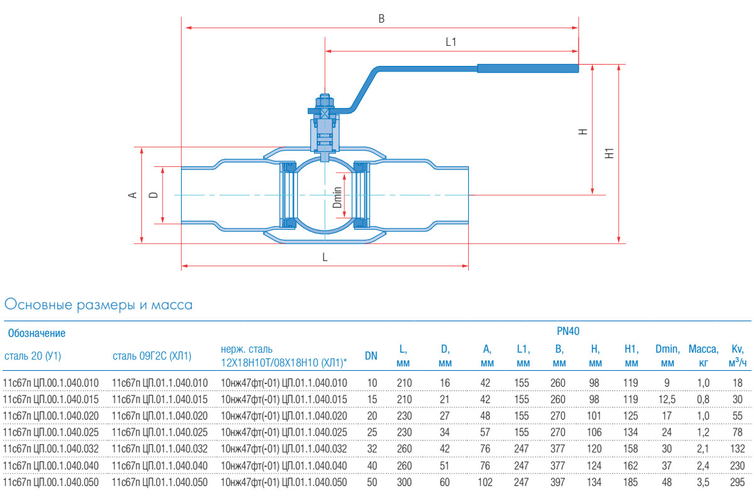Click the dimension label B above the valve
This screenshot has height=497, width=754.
381,19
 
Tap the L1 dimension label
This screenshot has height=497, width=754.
451,43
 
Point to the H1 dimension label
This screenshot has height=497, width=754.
608,152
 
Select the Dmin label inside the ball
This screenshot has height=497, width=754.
337,198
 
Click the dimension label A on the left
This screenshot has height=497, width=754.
133,195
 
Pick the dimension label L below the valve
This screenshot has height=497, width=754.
324,257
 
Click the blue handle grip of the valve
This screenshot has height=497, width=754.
527,68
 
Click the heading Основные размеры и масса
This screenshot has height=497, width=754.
98,306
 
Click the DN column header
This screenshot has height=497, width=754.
371,356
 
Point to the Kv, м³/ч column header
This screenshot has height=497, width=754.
737,356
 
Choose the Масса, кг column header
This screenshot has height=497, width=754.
703,356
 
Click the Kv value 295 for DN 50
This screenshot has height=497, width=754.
737,482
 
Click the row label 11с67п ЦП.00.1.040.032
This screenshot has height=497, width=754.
52,449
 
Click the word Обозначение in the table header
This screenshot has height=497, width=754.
36,333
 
